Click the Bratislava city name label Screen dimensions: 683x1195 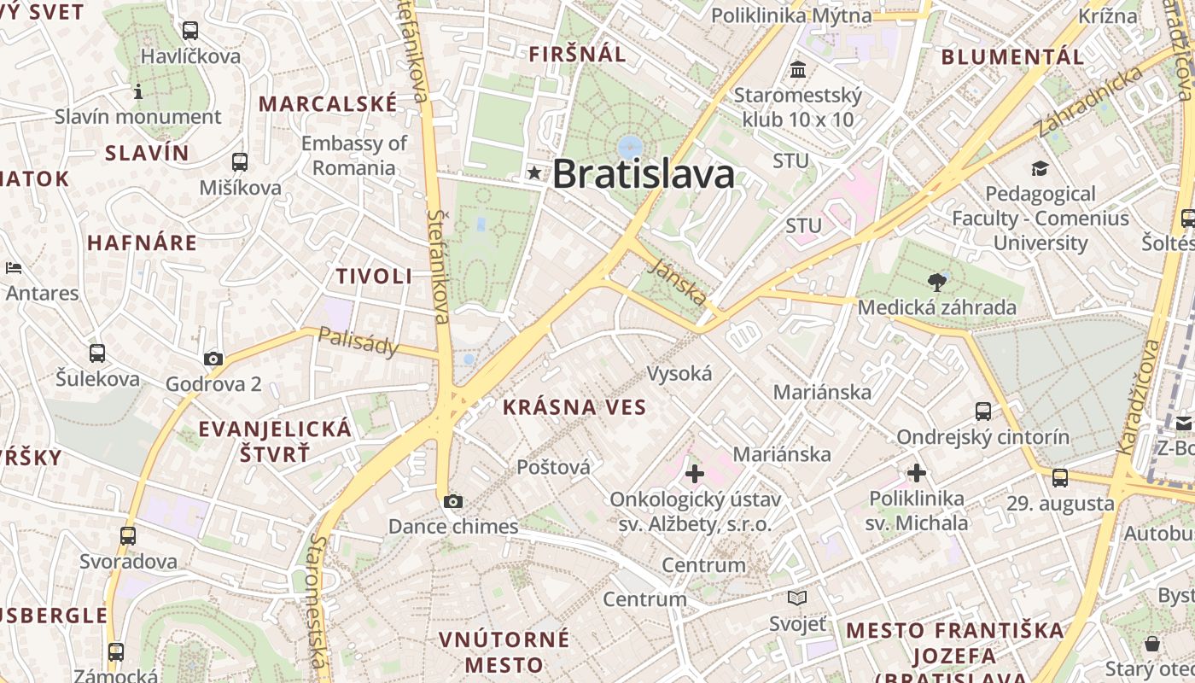(644, 174)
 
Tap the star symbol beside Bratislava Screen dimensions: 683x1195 (535, 173)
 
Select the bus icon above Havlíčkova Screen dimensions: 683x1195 (190, 31)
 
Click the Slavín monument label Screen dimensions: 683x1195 (138, 116)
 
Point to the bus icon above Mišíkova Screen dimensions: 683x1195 (240, 161)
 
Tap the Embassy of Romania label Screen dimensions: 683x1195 (353, 155)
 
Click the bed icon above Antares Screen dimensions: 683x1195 (14, 268)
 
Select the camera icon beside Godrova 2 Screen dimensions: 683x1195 (213, 359)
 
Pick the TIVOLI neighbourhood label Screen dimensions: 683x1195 (374, 276)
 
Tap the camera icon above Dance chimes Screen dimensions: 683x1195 (453, 501)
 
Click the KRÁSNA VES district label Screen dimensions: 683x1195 (574, 407)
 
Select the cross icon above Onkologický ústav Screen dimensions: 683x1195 (695, 473)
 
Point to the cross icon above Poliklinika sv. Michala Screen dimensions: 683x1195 (917, 472)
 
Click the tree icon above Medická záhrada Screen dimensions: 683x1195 (937, 283)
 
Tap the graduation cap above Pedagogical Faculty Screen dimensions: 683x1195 (1040, 168)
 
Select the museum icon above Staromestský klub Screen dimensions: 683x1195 (798, 69)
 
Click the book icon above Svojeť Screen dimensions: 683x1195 (797, 598)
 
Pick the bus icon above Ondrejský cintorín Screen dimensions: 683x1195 (983, 412)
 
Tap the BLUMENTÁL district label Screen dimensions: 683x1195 (1012, 57)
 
